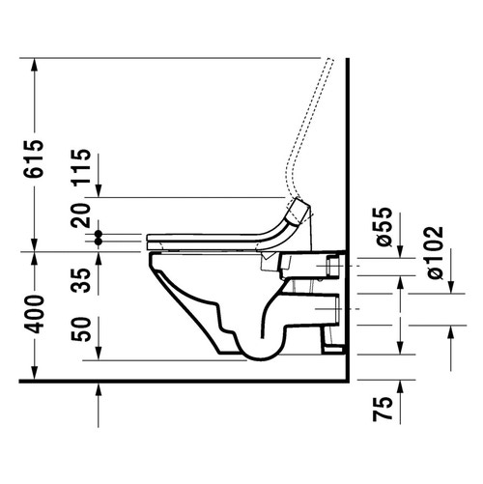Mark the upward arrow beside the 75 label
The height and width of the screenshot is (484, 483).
pyautogui.click(x=450, y=334)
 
